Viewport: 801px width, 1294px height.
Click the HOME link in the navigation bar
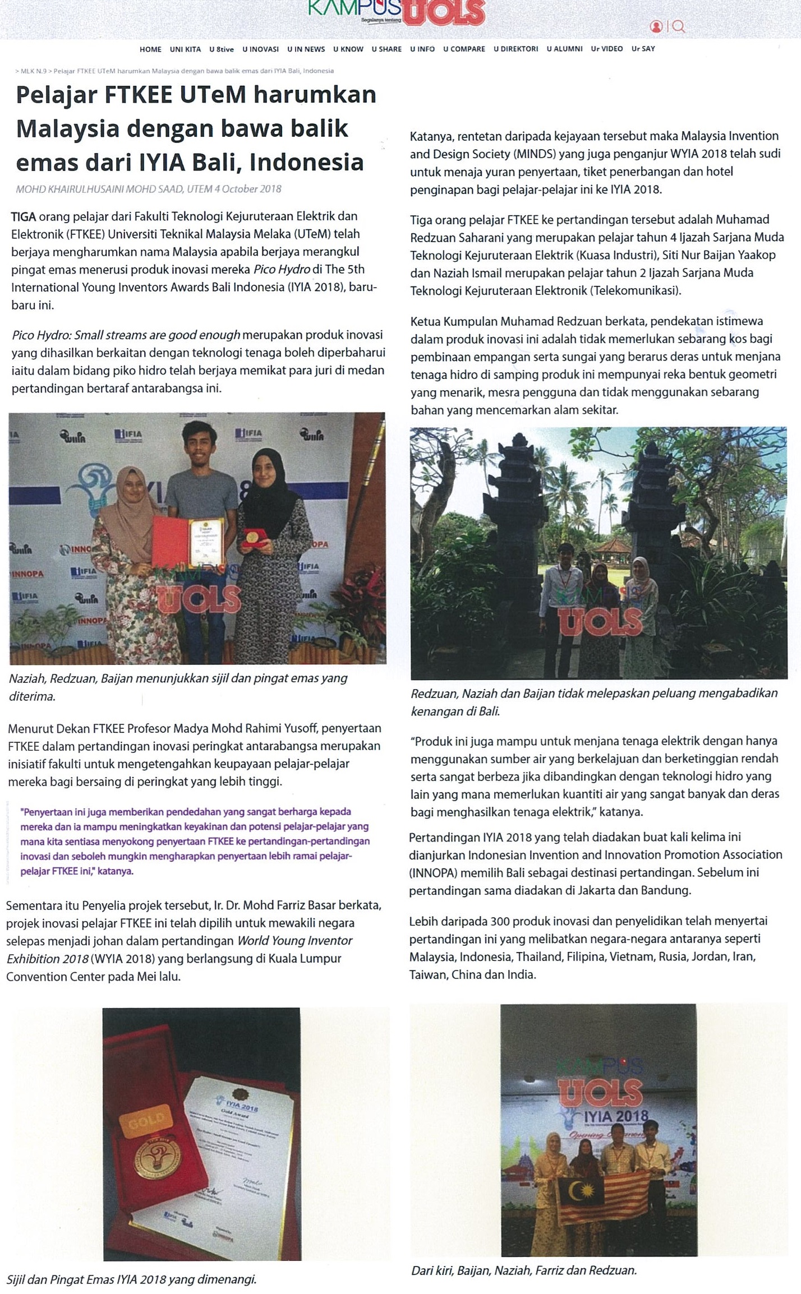(150, 49)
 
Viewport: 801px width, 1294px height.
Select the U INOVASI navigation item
(260, 49)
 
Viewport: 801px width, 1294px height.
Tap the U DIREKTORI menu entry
(515, 49)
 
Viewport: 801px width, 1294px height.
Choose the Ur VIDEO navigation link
(606, 49)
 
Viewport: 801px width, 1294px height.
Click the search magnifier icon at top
(679, 26)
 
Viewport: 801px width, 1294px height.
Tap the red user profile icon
(656, 26)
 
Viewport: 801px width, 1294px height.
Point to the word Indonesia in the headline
(306, 163)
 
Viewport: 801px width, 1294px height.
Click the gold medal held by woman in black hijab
(252, 536)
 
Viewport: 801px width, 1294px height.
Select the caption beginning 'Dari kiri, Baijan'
(523, 1270)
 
